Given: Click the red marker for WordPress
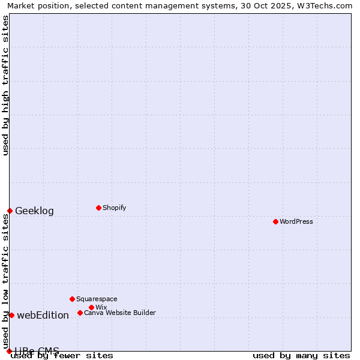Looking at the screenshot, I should tap(275, 221).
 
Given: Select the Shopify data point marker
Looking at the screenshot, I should tap(98, 208).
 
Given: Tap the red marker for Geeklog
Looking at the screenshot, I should tap(10, 211).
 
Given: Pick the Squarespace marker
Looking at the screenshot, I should tap(72, 299).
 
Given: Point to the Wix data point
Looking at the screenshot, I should tap(91, 307).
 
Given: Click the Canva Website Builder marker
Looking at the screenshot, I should tap(80, 313).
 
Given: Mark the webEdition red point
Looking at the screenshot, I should tap(11, 315).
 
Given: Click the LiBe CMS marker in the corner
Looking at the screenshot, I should tap(9, 351).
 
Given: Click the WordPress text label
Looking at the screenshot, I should tap(296, 221).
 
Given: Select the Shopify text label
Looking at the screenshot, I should tap(114, 208).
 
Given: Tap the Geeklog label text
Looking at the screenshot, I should tap(34, 211).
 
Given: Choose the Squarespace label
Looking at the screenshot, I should tap(97, 299).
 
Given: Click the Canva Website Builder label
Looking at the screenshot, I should tap(120, 313).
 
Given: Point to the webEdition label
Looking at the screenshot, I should tap(43, 315).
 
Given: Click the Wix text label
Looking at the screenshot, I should tap(101, 307).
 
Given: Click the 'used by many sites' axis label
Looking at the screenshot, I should tap(301, 355).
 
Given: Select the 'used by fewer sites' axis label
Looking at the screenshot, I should tap(62, 355).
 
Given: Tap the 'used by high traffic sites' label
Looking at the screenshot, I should tap(5, 85).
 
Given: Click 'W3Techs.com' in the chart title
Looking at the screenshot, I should tap(325, 5).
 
